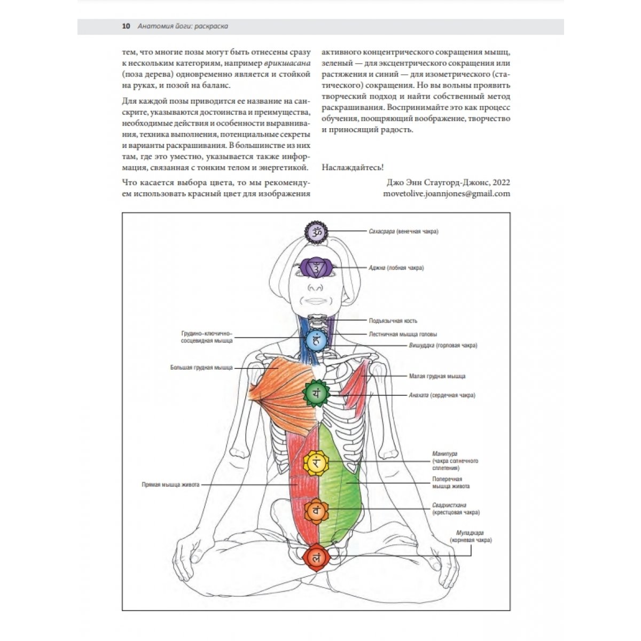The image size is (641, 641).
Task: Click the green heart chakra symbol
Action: click(x=316, y=394)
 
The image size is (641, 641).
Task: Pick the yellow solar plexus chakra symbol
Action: click(x=316, y=463)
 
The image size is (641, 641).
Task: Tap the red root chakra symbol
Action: click(x=316, y=558)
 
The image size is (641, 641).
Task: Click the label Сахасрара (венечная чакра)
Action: click(x=403, y=231)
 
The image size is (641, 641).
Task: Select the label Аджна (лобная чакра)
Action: click(x=396, y=268)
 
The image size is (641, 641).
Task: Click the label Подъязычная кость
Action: click(x=393, y=320)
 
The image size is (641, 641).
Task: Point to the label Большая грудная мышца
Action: click(x=201, y=368)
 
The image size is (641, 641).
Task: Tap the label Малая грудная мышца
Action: click(x=437, y=376)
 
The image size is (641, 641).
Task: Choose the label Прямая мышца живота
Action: click(x=170, y=484)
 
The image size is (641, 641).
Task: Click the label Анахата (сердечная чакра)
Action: click(x=442, y=395)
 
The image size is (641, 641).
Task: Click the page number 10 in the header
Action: click(x=126, y=26)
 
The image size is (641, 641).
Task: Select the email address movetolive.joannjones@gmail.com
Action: click(x=447, y=193)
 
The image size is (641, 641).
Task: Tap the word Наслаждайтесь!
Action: click(x=353, y=167)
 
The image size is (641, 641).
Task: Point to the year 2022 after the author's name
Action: click(x=501, y=182)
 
